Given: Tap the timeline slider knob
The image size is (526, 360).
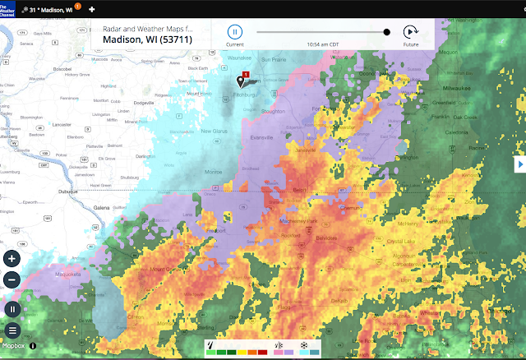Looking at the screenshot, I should pos(386,32).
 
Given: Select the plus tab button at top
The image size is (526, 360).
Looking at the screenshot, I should pos(91,8).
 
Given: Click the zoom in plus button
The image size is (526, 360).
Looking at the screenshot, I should pos(12,258).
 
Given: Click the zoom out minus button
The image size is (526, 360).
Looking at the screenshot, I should pos(12,279).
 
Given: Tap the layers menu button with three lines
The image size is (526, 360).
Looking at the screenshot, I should pos(12,330).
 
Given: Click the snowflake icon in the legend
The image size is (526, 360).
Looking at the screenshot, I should pos(303,345).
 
